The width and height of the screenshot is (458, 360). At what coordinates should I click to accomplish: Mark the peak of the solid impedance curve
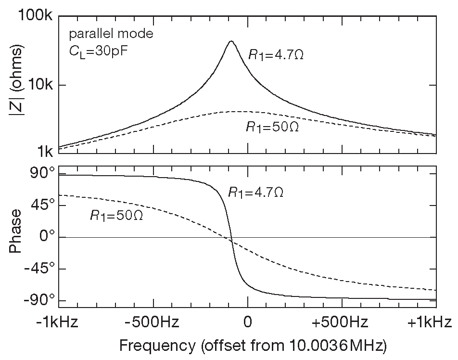coord(231,41)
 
